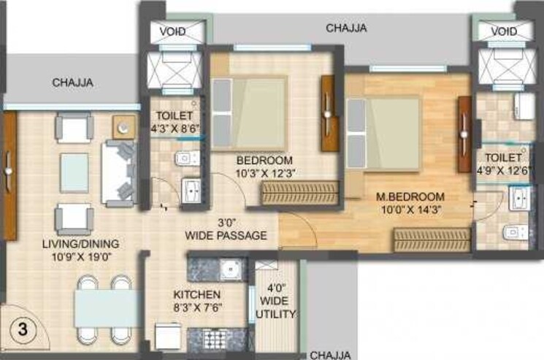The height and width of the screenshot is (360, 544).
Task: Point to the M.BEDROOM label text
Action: pyautogui.click(x=410, y=202)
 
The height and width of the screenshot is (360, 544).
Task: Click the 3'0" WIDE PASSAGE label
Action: pyautogui.click(x=220, y=229)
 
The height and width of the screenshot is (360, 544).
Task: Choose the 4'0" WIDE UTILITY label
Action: pyautogui.click(x=275, y=306)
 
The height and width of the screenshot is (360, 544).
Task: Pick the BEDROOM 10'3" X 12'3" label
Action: pyautogui.click(x=264, y=166)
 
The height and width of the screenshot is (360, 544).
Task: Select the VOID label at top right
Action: pyautogui.click(x=503, y=32)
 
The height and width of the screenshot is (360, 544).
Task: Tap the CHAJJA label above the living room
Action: pyautogui.click(x=72, y=83)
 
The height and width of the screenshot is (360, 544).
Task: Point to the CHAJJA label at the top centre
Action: pyautogui.click(x=346, y=28)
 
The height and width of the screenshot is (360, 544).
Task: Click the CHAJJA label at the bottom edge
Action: pyautogui.click(x=330, y=355)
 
